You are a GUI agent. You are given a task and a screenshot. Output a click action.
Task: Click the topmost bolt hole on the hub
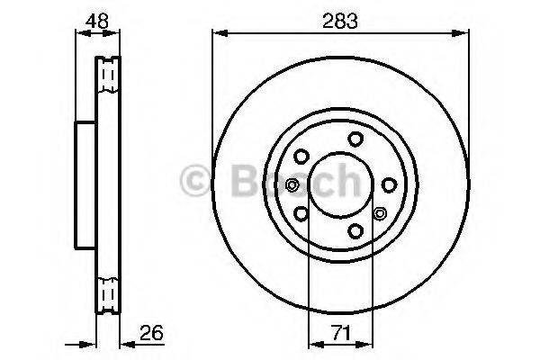(x=355, y=138)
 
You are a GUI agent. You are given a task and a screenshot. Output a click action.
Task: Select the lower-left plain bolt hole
(x=301, y=214)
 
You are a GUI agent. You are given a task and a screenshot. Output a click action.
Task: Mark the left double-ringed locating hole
(x=292, y=185)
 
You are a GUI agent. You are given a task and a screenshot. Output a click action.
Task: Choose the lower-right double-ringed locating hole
(x=379, y=214)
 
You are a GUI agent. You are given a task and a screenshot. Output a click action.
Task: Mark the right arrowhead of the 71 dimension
(x=367, y=343)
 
